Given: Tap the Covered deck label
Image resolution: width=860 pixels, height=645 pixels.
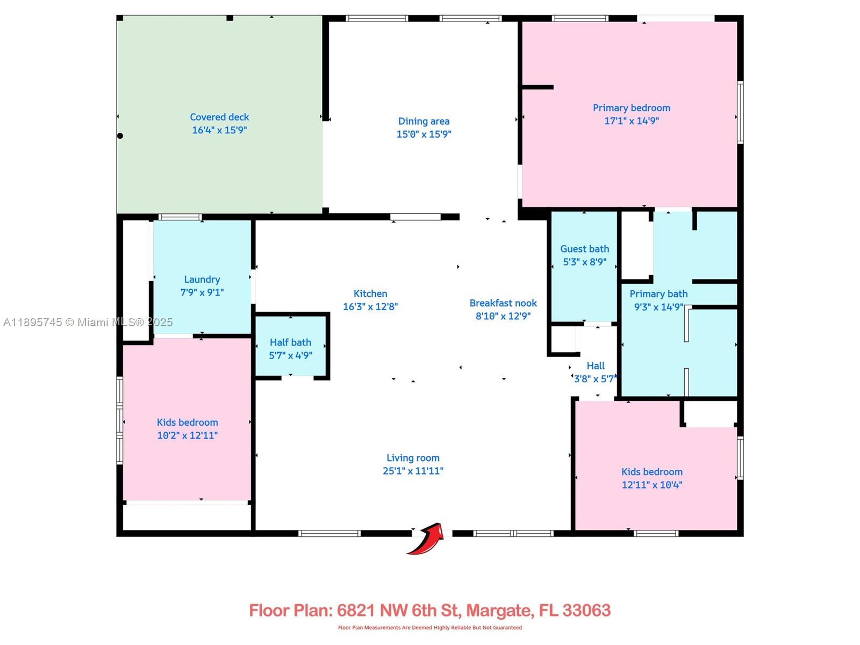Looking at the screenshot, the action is point(219,117).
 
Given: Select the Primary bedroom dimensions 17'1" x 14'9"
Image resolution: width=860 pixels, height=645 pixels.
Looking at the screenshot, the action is point(631,120).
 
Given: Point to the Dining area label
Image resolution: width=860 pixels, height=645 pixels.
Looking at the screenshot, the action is point(424,121).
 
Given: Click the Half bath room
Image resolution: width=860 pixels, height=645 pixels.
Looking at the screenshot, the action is point(290,346).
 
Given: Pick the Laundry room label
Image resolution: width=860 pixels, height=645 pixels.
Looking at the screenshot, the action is point(202,279).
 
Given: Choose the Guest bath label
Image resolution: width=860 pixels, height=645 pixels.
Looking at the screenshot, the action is point(585,249).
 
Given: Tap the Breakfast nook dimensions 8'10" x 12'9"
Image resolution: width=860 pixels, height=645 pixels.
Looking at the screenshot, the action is point(503,316).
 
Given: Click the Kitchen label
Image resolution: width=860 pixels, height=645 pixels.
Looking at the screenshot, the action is point(370,293).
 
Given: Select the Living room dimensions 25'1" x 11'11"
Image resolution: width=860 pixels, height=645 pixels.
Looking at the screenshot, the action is point(413,471).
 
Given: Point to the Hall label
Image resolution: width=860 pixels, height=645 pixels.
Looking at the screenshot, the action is point(596,366).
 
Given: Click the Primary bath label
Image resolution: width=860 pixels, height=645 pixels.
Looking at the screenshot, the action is point(658,294).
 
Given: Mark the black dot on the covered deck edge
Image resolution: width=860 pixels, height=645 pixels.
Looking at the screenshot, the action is point(120,136).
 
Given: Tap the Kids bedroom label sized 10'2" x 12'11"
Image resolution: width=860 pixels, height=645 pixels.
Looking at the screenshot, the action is point(187,422).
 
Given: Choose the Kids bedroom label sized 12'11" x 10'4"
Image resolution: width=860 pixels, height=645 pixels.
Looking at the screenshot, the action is point(652,472).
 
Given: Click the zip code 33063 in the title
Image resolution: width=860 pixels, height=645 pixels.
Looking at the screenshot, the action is point(586,611).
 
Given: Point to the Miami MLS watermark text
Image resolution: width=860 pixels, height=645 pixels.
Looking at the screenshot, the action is point(88,322).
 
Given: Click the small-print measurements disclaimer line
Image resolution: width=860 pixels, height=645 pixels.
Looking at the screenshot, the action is point(430,628).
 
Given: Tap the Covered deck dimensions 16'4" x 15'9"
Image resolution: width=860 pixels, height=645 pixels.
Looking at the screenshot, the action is point(219,130).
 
